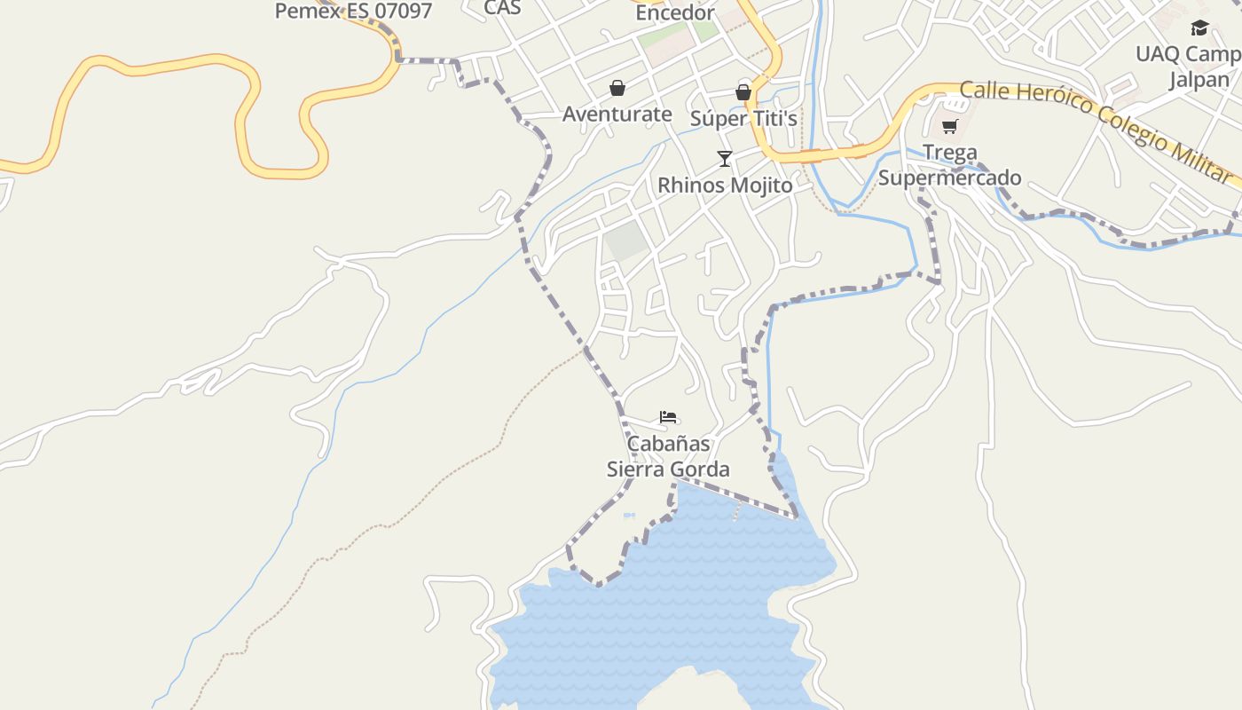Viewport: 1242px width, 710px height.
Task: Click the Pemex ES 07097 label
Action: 353,12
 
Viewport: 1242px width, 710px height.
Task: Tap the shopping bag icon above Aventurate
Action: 617,88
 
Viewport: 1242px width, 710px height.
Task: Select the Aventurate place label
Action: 617,114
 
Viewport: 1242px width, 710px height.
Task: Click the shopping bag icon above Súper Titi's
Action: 743,92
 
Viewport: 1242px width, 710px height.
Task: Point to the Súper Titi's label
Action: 743,118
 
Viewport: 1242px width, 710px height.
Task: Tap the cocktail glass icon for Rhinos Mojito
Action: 725,159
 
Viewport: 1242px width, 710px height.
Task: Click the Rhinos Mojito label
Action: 725,185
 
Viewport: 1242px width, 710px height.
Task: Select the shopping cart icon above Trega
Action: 950,127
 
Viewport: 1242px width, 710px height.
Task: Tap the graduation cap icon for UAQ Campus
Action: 1199,28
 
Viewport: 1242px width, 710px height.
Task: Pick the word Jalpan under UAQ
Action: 1199,79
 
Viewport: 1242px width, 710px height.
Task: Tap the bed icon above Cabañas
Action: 668,417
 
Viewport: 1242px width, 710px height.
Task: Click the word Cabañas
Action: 668,443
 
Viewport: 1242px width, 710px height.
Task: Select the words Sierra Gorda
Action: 668,469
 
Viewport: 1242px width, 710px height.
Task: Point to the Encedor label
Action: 675,12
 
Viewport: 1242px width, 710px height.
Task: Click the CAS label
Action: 502,8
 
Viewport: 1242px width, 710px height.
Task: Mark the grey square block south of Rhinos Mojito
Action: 627,241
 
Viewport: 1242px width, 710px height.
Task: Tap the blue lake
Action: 674,603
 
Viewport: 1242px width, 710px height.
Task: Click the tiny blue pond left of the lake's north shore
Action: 629,515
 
